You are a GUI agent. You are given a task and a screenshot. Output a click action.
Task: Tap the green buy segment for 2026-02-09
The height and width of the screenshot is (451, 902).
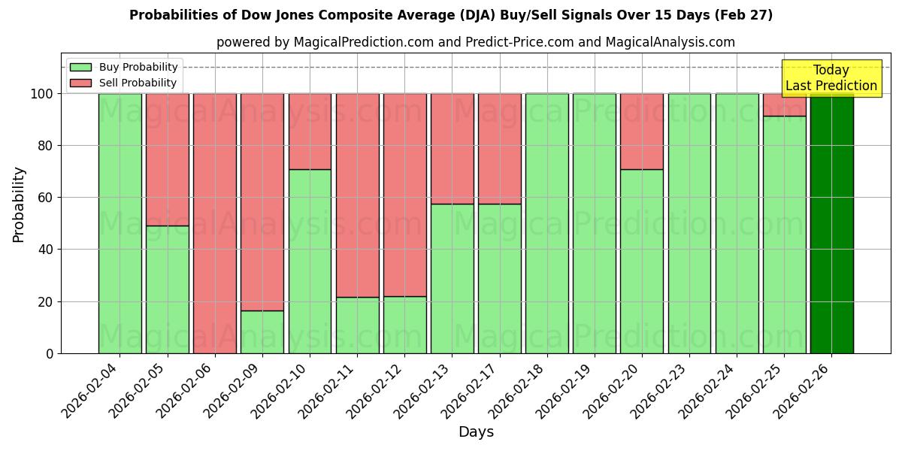pyautogui.click(x=262, y=331)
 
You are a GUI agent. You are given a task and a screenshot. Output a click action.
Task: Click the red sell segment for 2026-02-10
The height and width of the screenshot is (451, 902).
pyautogui.click(x=310, y=131)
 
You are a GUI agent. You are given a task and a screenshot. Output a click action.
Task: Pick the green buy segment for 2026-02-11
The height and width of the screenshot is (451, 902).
pyautogui.click(x=357, y=325)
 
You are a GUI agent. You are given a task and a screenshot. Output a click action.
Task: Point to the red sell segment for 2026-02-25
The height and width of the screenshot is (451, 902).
pyautogui.click(x=784, y=104)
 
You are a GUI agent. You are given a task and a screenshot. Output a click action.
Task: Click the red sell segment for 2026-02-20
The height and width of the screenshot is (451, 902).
pyautogui.click(x=642, y=131)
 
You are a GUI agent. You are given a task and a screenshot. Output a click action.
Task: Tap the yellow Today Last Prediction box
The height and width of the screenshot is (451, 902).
pyautogui.click(x=831, y=78)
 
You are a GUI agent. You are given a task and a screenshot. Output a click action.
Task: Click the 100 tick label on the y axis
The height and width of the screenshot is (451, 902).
pyautogui.click(x=41, y=94)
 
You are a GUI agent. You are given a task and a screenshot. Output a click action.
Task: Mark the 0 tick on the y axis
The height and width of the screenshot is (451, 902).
pyautogui.click(x=50, y=353)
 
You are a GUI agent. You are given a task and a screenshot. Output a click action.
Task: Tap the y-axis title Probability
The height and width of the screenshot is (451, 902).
pyautogui.click(x=19, y=204)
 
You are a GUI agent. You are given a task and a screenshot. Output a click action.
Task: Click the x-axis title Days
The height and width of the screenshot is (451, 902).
pyautogui.click(x=476, y=432)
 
